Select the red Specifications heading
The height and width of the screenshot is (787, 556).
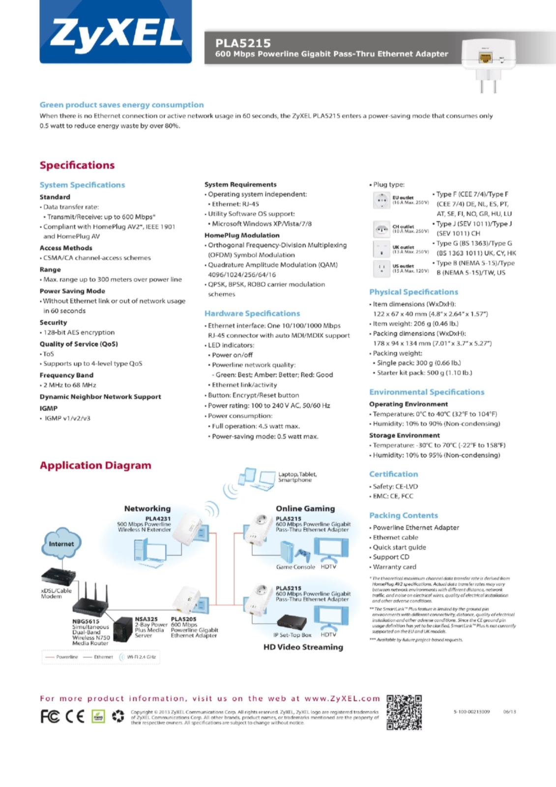(x=77, y=165)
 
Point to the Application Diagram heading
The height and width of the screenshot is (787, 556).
(x=95, y=465)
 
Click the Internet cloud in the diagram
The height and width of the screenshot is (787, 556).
(x=61, y=544)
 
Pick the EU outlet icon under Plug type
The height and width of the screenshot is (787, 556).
(x=381, y=200)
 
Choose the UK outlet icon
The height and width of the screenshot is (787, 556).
(x=381, y=249)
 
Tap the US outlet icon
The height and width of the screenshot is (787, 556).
(x=381, y=269)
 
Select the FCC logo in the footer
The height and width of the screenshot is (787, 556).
(x=50, y=717)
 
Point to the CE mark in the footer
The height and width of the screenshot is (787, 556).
(x=75, y=717)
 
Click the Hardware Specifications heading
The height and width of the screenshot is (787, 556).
(x=252, y=313)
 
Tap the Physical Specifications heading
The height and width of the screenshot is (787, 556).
(x=413, y=292)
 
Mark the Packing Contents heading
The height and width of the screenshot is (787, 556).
(x=403, y=515)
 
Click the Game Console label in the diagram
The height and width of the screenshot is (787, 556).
(x=295, y=567)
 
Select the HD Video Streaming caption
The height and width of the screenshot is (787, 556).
(x=303, y=647)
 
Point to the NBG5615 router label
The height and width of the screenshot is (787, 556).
(x=86, y=621)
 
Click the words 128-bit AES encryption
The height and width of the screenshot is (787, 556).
(x=79, y=333)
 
